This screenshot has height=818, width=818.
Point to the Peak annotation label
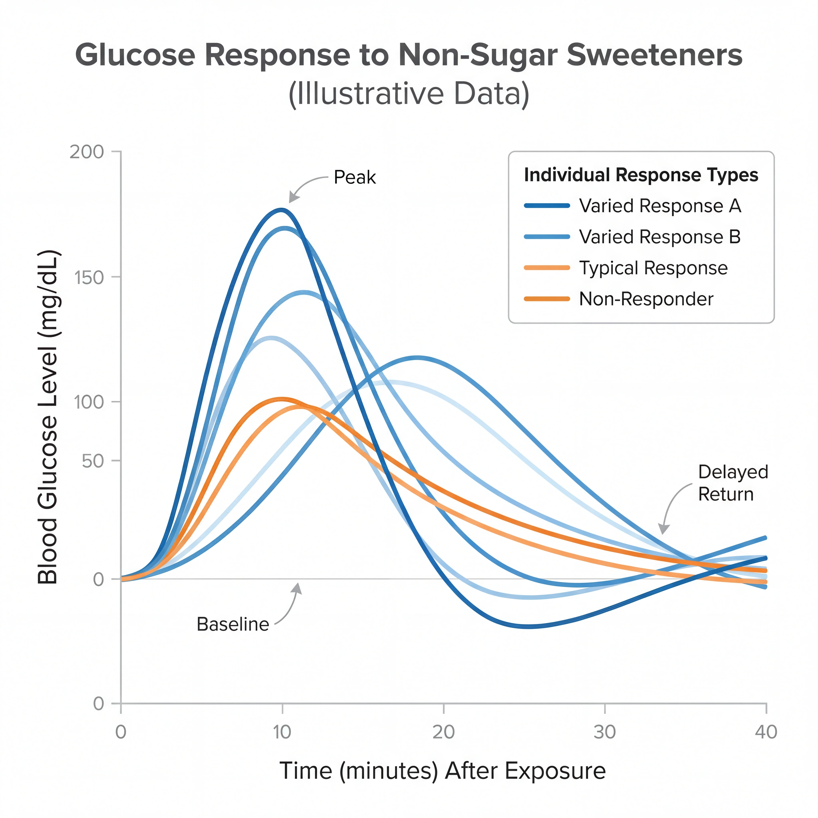coord(354,177)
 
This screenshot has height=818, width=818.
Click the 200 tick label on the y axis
coord(87,152)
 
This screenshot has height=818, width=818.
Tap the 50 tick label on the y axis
coord(93,461)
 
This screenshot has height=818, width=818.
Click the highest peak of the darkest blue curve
coord(281,209)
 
